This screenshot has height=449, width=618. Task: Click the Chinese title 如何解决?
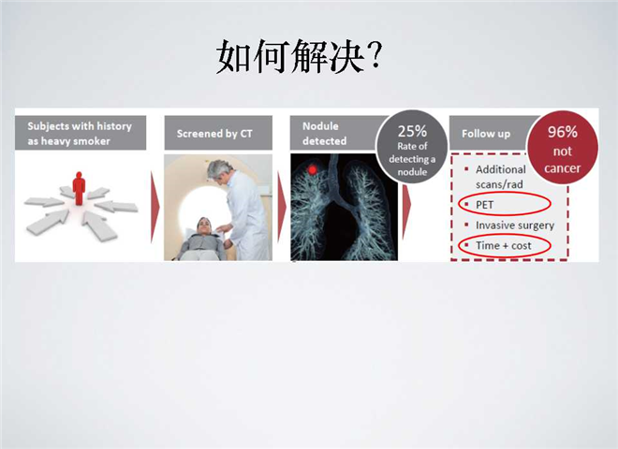tap(300, 56)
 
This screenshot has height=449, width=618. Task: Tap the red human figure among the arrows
tap(79, 188)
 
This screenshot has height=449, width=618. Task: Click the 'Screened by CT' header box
tap(218, 133)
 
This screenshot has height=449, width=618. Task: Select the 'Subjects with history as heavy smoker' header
tap(81, 133)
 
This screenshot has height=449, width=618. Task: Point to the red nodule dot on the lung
tap(313, 169)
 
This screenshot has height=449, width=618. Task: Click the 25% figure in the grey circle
tap(412, 131)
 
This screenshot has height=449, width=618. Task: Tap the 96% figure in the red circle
tap(563, 132)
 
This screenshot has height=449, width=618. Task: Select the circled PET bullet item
tap(505, 204)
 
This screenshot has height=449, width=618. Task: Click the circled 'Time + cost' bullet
tap(505, 245)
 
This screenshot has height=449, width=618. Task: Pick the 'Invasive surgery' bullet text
tap(515, 225)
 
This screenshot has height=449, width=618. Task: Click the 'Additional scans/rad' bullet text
tap(501, 177)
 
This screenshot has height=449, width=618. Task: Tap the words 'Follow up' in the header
tap(486, 134)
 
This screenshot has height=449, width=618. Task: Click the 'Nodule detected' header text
tap(324, 134)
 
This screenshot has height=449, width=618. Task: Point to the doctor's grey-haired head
tap(219, 170)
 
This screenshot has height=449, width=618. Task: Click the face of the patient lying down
tap(204, 226)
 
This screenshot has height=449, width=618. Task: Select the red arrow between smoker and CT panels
tap(154, 207)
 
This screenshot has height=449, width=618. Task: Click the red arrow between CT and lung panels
tap(282, 207)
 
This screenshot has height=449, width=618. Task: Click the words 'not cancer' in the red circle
tap(563, 160)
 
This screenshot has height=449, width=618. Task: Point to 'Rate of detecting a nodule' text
tap(412, 159)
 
